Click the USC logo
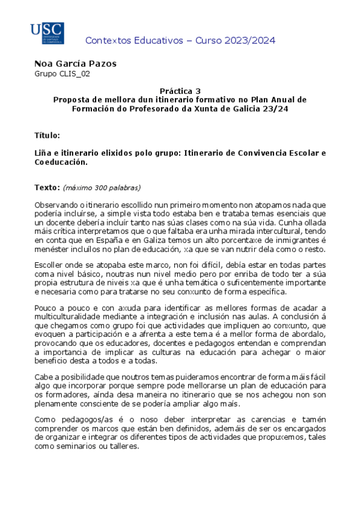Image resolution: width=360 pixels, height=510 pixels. (x=47, y=33)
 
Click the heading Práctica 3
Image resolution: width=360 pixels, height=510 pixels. (x=180, y=91)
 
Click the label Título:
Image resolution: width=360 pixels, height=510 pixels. (x=47, y=135)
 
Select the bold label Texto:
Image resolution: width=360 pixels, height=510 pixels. (x=47, y=187)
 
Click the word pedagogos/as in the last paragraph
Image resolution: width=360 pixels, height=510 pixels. (x=81, y=419)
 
